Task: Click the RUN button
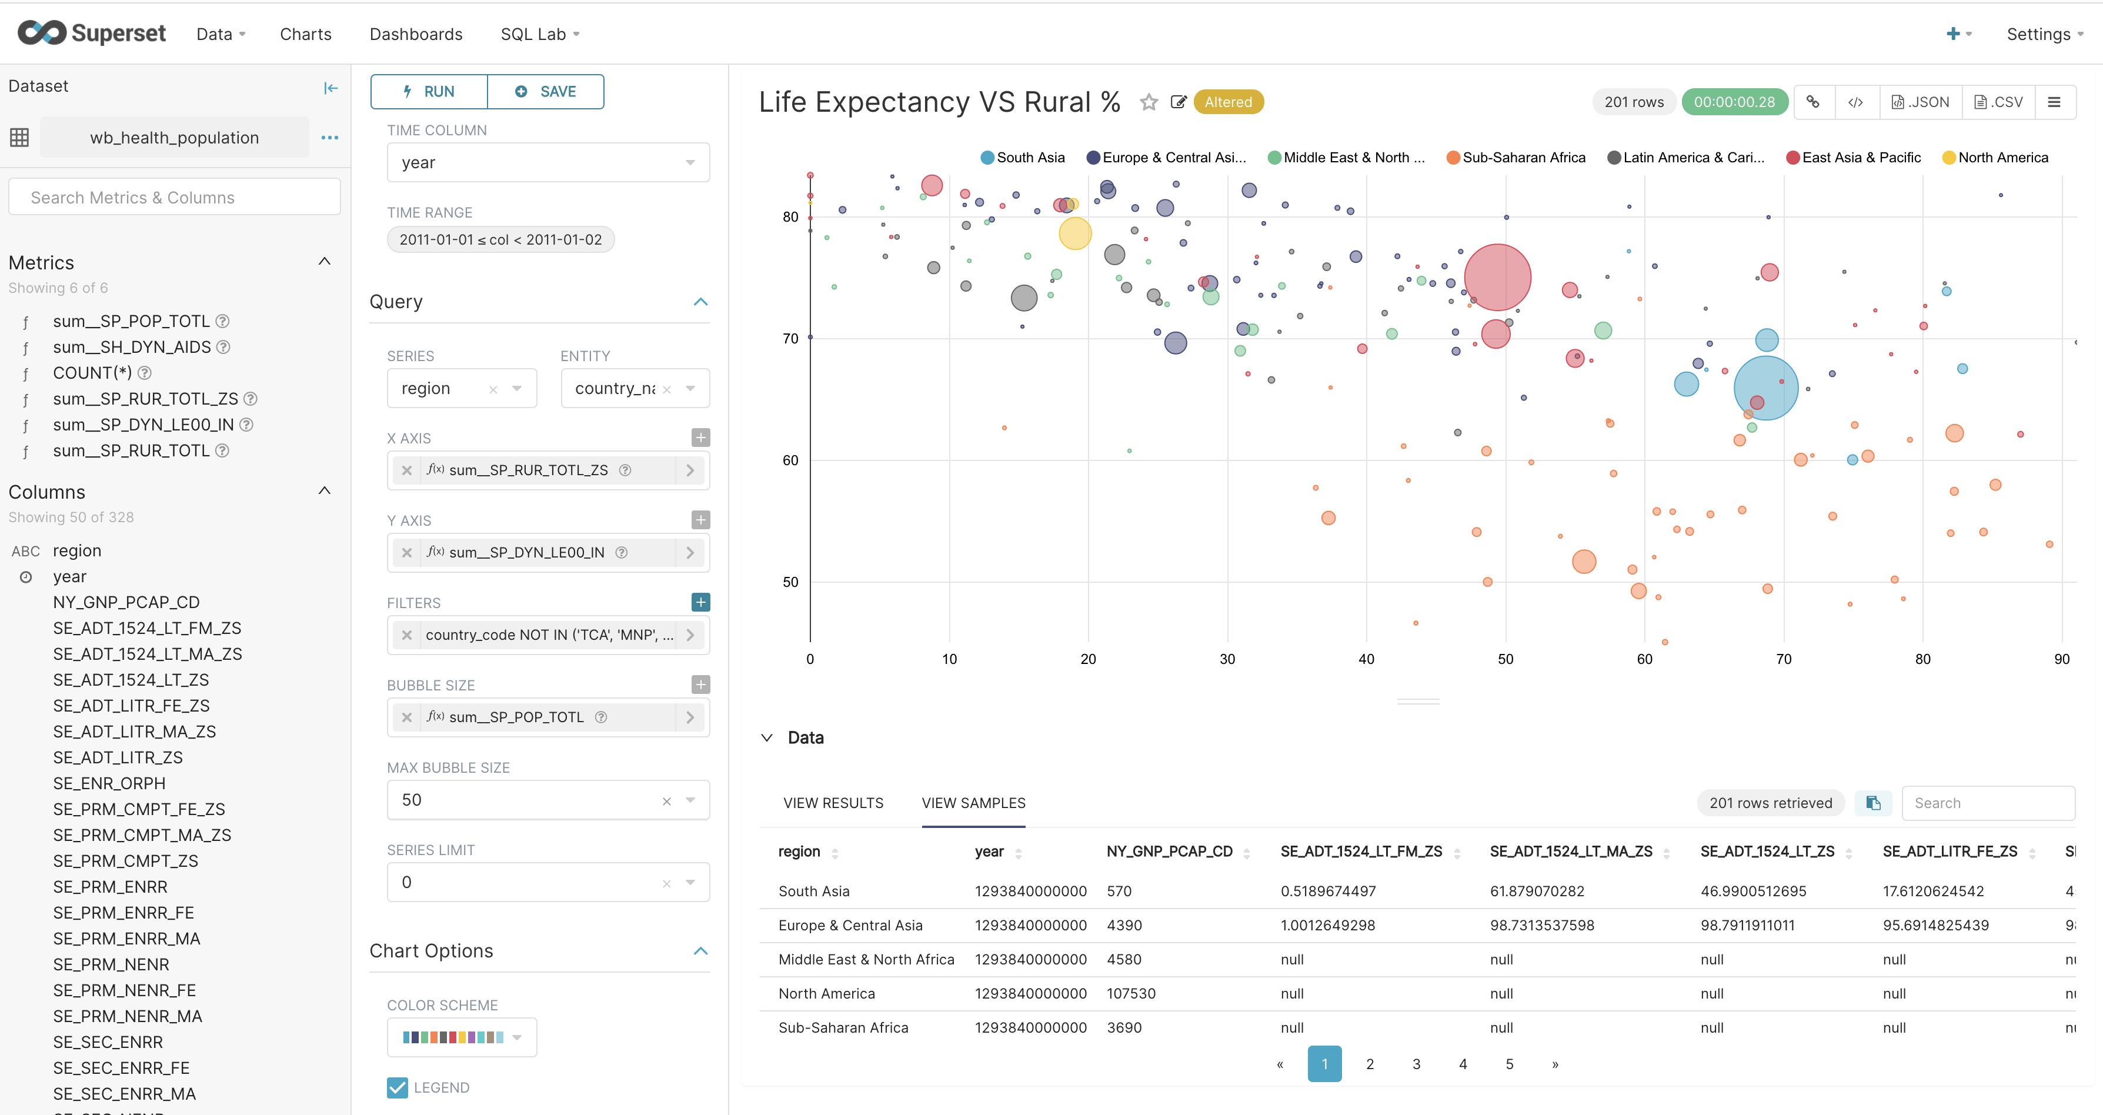pos(429,91)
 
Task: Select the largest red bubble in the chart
pos(1497,278)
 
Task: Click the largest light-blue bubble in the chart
pos(1766,389)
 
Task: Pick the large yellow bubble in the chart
pos(1075,233)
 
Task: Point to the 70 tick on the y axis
pos(789,339)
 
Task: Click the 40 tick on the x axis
pos(1366,659)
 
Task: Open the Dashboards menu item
pos(416,34)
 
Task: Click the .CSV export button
pos(1998,102)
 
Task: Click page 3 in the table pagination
pos(1417,1064)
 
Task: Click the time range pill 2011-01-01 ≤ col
pos(500,239)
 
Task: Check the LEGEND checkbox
pos(398,1087)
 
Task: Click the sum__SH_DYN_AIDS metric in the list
pos(132,347)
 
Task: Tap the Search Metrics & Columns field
pos(174,198)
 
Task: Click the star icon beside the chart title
pos(1149,102)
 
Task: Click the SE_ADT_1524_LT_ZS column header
pos(1767,852)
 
